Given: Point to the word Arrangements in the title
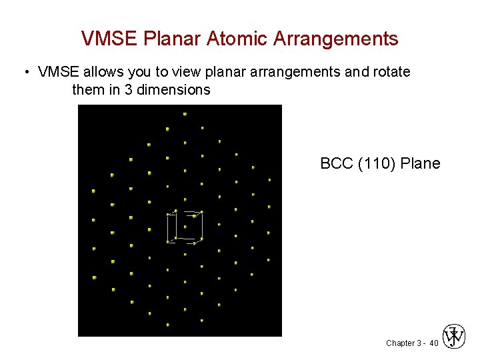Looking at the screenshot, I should [336, 39].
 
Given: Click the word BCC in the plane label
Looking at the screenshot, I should [337, 163].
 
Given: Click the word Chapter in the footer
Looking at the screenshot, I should [400, 343].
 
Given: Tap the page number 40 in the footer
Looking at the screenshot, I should [434, 343].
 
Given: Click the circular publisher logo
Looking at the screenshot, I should [454, 337].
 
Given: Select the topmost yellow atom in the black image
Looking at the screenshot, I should [185, 114].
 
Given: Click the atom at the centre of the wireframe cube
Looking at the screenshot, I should [185, 227].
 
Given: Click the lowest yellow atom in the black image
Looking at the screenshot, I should [167, 325].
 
